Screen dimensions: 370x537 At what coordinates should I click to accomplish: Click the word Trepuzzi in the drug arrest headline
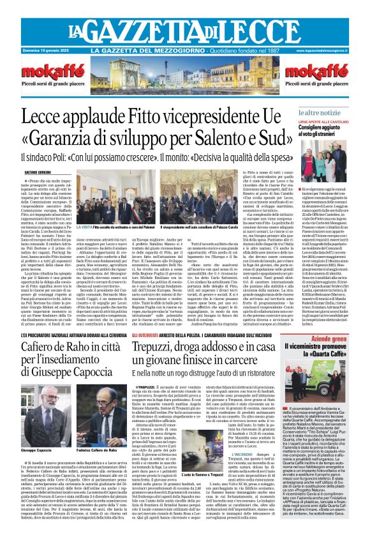(x=167, y=349)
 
